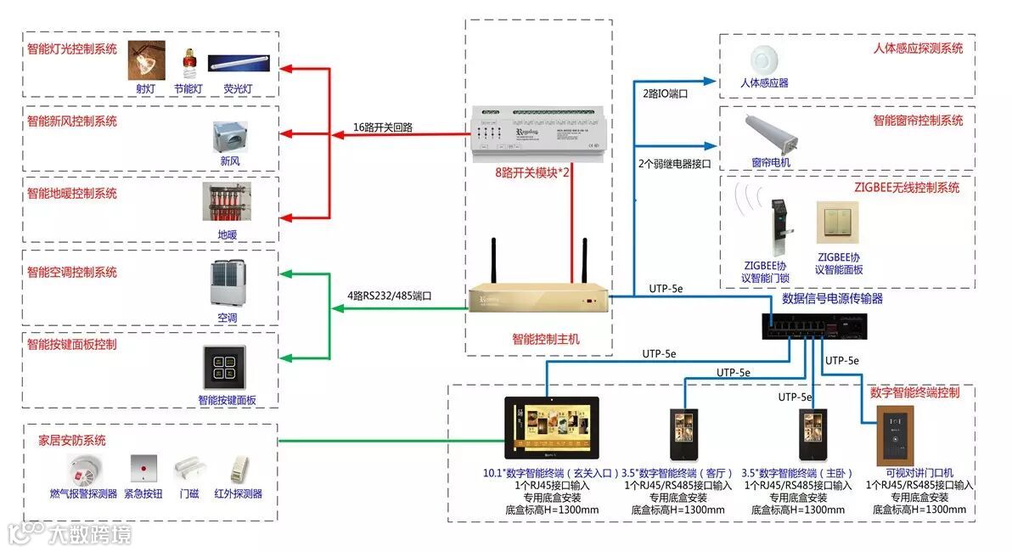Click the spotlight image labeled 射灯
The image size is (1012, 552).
146,60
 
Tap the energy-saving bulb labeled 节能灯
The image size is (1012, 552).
188,62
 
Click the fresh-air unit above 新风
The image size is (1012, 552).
229,137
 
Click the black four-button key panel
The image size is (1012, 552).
224,368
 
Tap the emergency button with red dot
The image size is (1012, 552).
143,468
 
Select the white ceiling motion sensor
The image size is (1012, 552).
763,60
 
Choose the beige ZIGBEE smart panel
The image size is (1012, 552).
833,222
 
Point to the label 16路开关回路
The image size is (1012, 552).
383,127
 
